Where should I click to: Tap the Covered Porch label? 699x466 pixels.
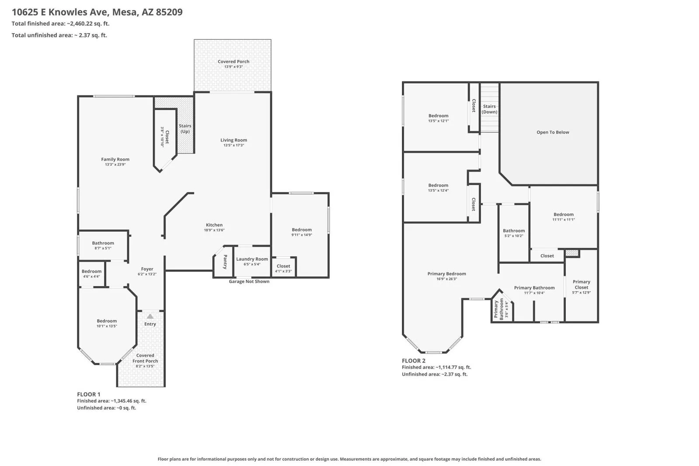click(x=233, y=62)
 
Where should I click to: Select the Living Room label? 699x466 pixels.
click(x=234, y=140)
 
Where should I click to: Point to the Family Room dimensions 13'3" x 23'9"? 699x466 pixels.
click(x=115, y=164)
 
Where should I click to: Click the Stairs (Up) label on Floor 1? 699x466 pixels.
click(x=185, y=128)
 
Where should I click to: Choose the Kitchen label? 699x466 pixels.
click(x=215, y=225)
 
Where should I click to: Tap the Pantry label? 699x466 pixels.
click(x=225, y=262)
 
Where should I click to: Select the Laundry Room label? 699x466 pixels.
click(x=252, y=259)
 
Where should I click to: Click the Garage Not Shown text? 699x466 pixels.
click(x=249, y=281)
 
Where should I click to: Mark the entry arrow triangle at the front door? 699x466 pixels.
click(x=150, y=316)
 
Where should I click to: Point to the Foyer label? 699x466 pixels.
click(x=147, y=269)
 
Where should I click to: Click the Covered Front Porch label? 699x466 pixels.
click(x=145, y=358)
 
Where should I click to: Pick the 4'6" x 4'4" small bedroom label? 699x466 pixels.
click(x=91, y=276)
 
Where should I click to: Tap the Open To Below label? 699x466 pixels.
click(x=553, y=132)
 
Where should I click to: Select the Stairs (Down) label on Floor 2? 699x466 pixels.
click(x=489, y=109)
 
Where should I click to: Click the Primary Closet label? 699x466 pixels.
click(x=581, y=284)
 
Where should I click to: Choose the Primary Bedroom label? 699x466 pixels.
click(x=446, y=273)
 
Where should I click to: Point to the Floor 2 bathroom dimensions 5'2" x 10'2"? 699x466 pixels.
click(x=514, y=236)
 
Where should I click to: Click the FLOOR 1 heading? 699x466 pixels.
click(x=89, y=394)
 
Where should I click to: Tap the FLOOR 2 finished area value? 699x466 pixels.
click(x=453, y=367)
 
